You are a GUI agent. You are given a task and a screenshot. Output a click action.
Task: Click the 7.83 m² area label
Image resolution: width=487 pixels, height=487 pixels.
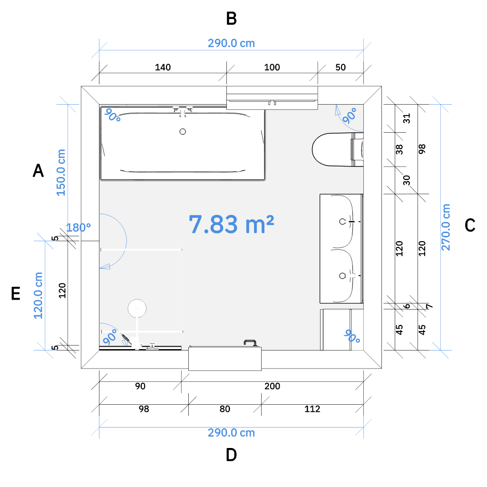click(x=232, y=224)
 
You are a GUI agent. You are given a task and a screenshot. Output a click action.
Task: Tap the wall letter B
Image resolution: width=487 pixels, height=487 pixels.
click(x=232, y=19)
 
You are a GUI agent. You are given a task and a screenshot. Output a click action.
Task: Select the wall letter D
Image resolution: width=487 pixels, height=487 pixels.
click(x=232, y=455)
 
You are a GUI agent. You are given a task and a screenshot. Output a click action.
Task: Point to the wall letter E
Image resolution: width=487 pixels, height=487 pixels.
click(x=16, y=293)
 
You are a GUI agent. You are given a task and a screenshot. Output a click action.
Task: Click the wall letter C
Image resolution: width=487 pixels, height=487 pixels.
click(x=470, y=225)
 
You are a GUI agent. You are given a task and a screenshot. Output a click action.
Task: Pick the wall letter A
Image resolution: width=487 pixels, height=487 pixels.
click(x=38, y=171)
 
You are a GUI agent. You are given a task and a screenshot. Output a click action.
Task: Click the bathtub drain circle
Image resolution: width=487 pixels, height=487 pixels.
click(x=183, y=132)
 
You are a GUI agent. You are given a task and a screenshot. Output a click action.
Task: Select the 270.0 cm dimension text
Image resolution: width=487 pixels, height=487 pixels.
click(x=446, y=227)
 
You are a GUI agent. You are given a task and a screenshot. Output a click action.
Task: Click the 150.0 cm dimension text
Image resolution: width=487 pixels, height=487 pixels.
click(x=61, y=172)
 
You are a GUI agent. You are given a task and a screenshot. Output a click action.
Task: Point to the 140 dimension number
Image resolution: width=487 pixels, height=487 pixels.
click(x=163, y=67)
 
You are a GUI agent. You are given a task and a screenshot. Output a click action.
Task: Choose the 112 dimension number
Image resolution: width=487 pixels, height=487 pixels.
click(x=312, y=409)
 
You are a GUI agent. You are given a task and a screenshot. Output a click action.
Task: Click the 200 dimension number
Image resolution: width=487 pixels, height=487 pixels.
click(x=273, y=386)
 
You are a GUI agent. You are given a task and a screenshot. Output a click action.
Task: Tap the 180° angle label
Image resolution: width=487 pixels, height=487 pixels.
click(x=78, y=228)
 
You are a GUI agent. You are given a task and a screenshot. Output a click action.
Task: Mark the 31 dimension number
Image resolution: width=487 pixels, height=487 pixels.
click(x=407, y=118)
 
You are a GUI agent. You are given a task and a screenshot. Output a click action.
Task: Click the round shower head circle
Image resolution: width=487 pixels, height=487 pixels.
click(x=137, y=308)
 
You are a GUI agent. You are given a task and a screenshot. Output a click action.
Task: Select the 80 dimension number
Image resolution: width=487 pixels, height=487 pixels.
click(x=225, y=409)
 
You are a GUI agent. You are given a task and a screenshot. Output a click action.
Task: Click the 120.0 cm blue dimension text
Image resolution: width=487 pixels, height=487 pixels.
click(x=38, y=295)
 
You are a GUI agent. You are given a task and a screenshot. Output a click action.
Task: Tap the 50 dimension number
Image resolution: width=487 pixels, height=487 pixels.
click(x=341, y=67)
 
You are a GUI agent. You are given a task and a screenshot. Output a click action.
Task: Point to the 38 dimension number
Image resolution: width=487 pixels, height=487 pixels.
click(x=399, y=149)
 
